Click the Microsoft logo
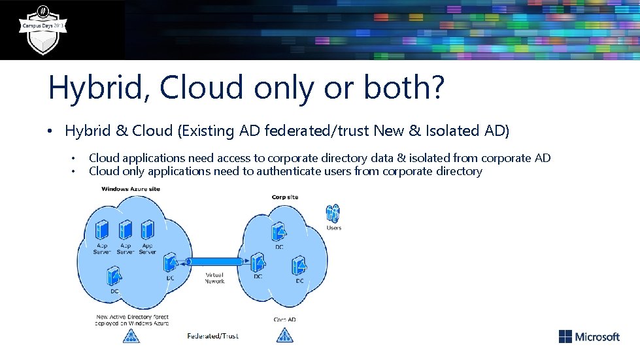[589, 336]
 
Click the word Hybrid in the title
[95, 88]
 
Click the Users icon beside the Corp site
[333, 214]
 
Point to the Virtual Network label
[214, 278]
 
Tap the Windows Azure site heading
[131, 189]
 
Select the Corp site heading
[285, 197]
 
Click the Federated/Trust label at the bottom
[212, 336]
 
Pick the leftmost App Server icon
[102, 230]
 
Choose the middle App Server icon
[125, 230]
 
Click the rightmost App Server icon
[147, 230]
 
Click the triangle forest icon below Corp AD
[284, 336]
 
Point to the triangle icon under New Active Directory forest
[131, 336]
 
